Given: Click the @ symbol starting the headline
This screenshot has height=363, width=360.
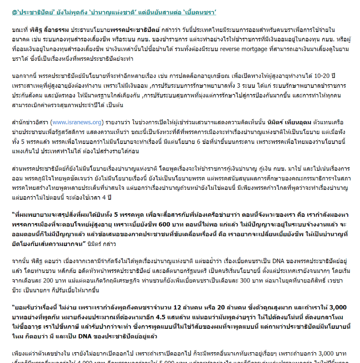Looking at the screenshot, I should pyautogui.click(x=14, y=12).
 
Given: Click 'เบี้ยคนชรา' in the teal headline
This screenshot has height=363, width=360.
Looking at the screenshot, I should pyautogui.click(x=211, y=12).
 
